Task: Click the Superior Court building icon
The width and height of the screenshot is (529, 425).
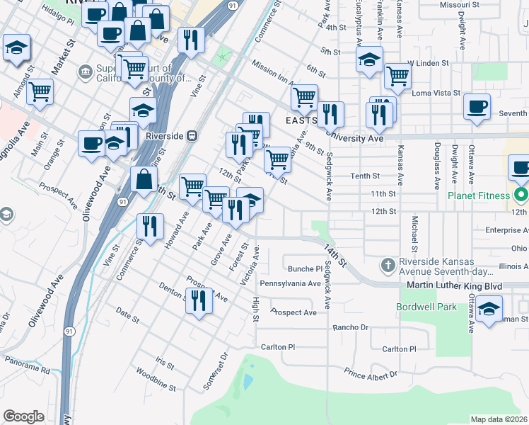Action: tap(86, 71)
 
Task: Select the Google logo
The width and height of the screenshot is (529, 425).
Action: tap(23, 416)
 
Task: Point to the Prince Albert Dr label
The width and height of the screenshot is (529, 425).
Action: tap(371, 373)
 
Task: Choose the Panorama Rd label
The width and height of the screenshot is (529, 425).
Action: tap(25, 368)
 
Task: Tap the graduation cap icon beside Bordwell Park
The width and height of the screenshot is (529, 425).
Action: tap(489, 310)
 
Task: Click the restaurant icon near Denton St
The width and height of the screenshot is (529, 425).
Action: tap(199, 300)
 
